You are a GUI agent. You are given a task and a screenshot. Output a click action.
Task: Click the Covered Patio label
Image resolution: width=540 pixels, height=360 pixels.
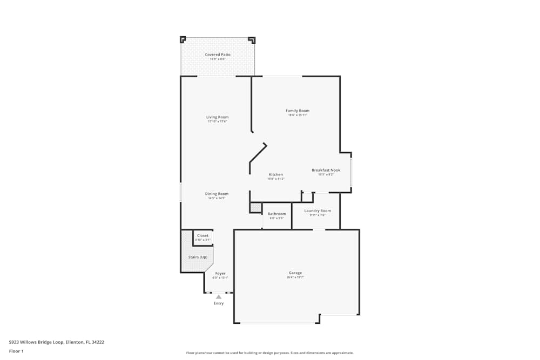pyautogui.click(x=218, y=55)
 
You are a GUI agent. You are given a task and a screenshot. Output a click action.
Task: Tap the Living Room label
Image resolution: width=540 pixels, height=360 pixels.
pyautogui.click(x=217, y=117)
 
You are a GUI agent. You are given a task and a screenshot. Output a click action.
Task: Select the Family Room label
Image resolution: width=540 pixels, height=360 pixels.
pyautogui.click(x=298, y=111)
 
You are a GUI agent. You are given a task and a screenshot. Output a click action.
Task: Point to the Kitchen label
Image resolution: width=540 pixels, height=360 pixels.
pyautogui.click(x=275, y=174)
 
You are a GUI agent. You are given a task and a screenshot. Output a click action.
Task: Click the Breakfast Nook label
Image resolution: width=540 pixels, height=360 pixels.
pyautogui.click(x=326, y=170)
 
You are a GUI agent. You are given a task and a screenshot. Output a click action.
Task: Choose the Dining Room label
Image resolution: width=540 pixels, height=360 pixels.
pyautogui.click(x=217, y=194)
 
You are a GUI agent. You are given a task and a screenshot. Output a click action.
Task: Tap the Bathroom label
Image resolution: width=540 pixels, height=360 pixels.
pyautogui.click(x=276, y=214)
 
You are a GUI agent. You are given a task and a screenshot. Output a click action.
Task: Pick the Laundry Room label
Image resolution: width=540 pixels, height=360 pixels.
pyautogui.click(x=318, y=210)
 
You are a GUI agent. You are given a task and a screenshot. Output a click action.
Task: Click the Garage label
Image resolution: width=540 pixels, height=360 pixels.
pyautogui.click(x=295, y=273)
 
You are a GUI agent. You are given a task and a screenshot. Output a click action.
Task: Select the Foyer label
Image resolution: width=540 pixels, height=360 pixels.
pyautogui.click(x=220, y=274)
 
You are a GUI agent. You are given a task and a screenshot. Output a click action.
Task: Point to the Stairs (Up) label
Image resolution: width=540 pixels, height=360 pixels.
pyautogui.click(x=198, y=257)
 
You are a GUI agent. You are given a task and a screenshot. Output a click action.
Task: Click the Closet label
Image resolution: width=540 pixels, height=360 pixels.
pyautogui.click(x=202, y=235)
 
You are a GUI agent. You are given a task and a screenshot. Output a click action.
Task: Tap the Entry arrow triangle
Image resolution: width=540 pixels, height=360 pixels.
pyautogui.click(x=218, y=296)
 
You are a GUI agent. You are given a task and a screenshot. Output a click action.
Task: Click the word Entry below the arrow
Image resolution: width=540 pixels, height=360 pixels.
pyautogui.click(x=218, y=303)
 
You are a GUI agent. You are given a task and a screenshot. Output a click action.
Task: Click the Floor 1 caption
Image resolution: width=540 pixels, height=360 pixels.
pyautogui.click(x=16, y=351)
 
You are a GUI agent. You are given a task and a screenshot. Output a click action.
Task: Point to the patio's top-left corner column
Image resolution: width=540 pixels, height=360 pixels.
pyautogui.click(x=183, y=39)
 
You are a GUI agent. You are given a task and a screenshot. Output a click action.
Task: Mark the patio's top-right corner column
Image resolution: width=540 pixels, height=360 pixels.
pyautogui.click(x=252, y=39)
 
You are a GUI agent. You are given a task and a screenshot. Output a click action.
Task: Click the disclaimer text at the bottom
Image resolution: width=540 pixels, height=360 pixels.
pyautogui.click(x=270, y=353)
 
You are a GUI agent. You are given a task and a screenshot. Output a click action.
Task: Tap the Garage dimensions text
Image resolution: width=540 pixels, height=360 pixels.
pyautogui.click(x=295, y=277)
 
